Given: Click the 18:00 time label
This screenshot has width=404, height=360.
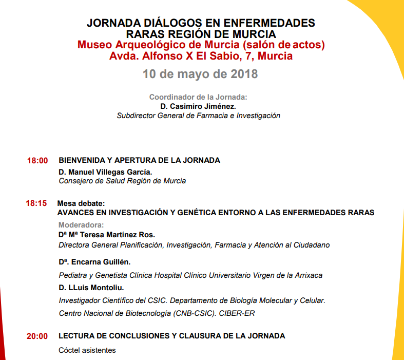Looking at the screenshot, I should point(37,161).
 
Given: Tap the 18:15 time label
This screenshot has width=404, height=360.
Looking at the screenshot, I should point(36,203).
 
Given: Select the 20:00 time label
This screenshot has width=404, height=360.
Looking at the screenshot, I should point(37,336).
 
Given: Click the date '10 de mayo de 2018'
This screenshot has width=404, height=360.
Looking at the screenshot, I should point(200,73).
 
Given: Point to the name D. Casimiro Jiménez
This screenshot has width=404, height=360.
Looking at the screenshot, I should point(198,106).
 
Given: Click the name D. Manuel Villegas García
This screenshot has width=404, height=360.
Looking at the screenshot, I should point(105,172).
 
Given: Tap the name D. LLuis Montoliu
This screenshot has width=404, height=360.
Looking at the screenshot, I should point(91,288).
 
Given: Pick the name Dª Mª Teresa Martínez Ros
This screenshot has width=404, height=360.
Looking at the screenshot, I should point(107,235).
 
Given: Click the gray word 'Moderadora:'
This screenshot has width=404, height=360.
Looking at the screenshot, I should point(81,225).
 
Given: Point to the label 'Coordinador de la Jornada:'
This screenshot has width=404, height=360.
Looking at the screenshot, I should point(198,97).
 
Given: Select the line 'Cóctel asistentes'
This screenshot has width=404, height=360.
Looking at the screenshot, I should point(87,350).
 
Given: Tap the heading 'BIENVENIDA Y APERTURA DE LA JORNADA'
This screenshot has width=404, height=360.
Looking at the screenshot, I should point(140,160).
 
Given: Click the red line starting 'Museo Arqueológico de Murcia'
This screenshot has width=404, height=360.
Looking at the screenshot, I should point(201,45).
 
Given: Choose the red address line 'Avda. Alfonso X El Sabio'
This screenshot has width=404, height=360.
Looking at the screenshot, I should point(201,56).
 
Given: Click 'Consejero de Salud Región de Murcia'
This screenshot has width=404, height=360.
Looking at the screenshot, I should point(122,181).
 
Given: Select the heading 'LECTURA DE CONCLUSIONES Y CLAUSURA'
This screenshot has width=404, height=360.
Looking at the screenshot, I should point(172,336).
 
